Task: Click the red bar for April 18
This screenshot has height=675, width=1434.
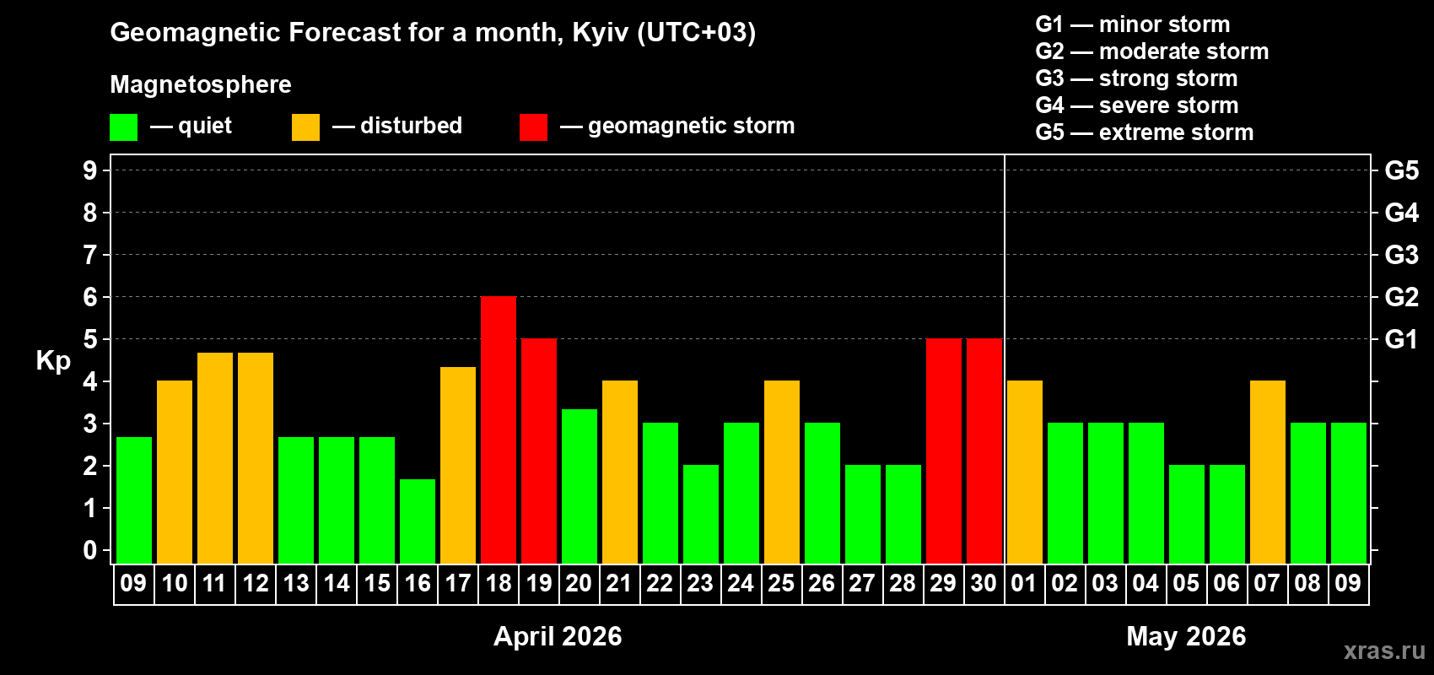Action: point(499,429)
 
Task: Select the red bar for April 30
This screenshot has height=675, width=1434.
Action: point(984,451)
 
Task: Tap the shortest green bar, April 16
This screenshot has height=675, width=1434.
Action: point(418,521)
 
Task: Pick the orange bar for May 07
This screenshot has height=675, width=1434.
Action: point(1268,472)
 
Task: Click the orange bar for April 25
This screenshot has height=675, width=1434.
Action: point(782,472)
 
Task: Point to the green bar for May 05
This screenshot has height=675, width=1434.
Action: point(1187,514)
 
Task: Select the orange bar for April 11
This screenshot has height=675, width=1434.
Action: point(215,457)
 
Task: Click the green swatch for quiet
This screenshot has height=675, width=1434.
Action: point(123,127)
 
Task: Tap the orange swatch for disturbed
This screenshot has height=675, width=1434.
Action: point(305,127)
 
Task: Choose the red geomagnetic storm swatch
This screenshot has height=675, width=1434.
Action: point(533,127)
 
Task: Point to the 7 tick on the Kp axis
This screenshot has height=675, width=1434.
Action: point(90,255)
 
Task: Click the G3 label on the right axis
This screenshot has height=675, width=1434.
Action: point(1401,255)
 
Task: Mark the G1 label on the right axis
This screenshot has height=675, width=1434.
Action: point(1401,339)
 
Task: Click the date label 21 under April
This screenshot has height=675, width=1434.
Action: point(619,583)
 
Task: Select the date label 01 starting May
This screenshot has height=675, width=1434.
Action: point(1024,583)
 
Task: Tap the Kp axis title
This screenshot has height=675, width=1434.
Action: point(53,361)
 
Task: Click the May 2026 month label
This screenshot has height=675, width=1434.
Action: point(1186,636)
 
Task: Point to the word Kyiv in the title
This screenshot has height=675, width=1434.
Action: point(600,32)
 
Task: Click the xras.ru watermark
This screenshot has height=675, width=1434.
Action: point(1384,650)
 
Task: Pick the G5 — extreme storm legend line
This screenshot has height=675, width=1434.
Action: point(1144,132)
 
